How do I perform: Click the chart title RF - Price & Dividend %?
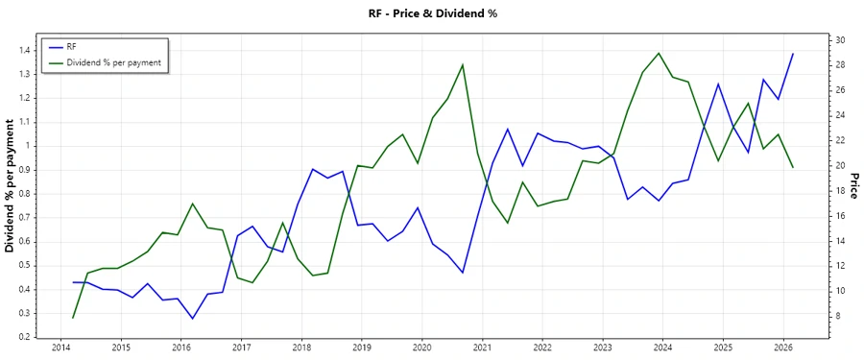432,13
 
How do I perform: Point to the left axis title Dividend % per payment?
11,186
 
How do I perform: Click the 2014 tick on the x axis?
60,348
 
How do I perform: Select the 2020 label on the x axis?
421,348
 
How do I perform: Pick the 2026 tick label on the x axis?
782,348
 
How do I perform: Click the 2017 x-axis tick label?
241,348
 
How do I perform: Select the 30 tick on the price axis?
840,40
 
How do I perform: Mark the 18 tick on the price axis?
840,191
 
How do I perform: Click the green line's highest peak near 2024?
658,53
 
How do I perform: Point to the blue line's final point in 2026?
793,54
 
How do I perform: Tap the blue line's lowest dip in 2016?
192,319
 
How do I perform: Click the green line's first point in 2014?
73,318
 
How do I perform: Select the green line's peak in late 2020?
463,64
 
